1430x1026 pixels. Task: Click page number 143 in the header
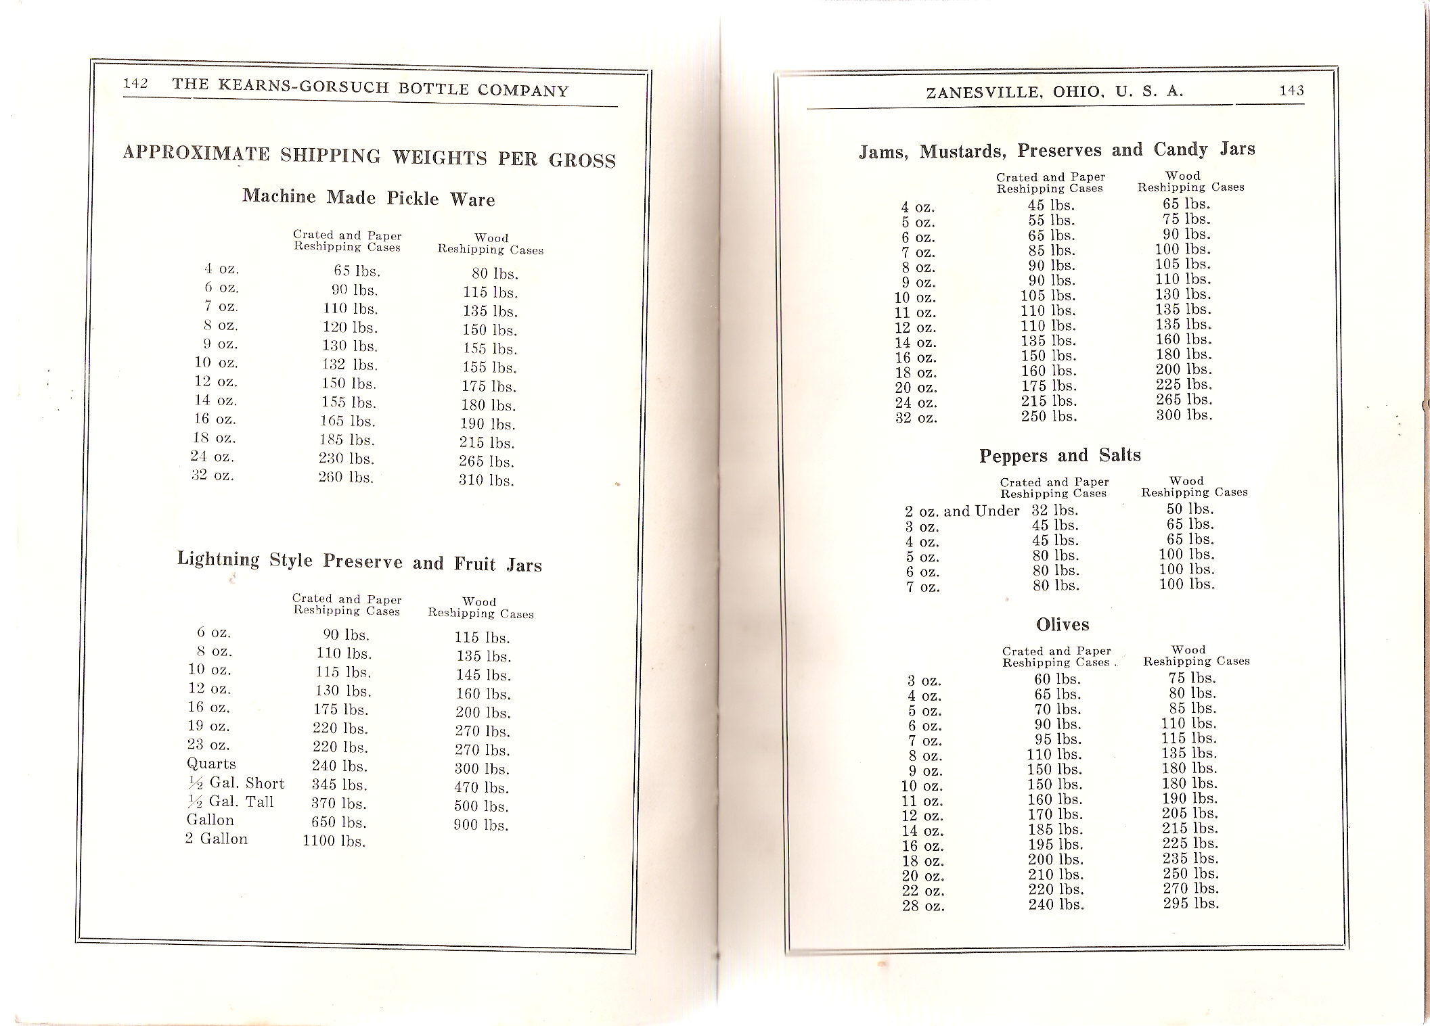tap(1291, 90)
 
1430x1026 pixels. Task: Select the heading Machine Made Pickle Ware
tap(369, 197)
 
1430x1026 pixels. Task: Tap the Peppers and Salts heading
tap(1060, 455)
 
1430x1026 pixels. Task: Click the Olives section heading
tap(1063, 624)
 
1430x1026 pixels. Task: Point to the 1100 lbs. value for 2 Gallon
tap(334, 841)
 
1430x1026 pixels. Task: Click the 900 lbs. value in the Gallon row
tap(481, 824)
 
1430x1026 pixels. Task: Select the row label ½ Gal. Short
tap(236, 783)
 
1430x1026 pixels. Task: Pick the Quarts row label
tap(211, 764)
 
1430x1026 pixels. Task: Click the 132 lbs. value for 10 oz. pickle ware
tap(350, 365)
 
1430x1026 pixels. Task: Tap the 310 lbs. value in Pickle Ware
tap(486, 481)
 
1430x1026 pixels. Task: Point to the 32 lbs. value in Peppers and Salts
tap(1054, 511)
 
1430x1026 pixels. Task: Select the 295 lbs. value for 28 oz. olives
tap(1191, 904)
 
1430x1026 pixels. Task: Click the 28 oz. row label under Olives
tap(923, 906)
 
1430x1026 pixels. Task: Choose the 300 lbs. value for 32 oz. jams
tap(1184, 415)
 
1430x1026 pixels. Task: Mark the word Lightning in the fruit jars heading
tap(219, 559)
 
